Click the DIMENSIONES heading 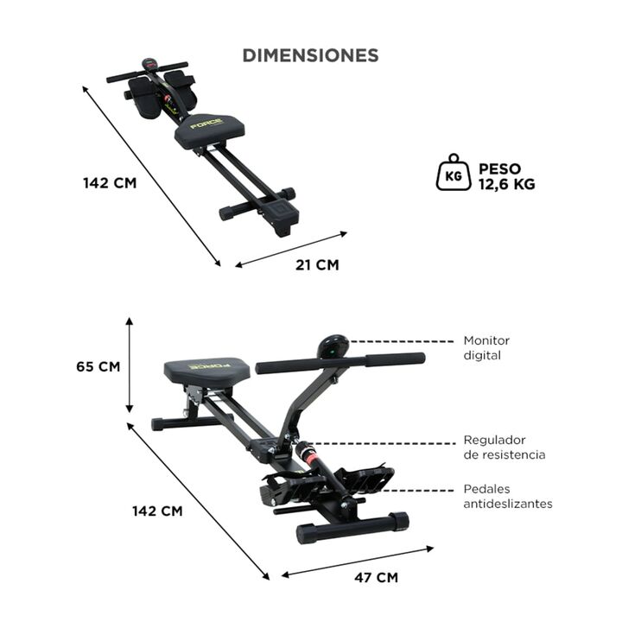310,55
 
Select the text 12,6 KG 507,184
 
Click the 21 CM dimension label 317,265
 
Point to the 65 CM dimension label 98,366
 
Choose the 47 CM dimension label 376,578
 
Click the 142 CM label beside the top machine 110,183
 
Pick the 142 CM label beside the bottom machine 157,511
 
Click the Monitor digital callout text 486,348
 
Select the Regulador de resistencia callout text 505,447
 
